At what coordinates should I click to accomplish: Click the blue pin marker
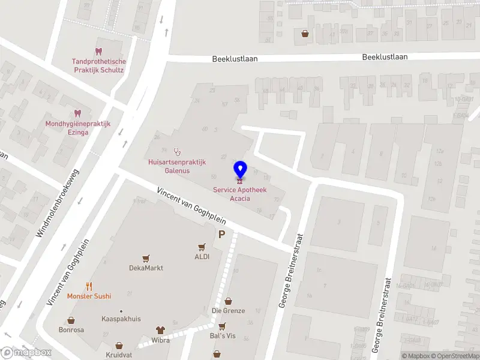240,170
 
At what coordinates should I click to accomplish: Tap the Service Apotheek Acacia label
240,194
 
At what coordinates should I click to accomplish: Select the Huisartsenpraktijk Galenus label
177,166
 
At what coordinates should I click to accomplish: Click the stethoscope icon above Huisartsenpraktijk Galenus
176,151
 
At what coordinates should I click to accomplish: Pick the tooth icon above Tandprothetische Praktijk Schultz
98,52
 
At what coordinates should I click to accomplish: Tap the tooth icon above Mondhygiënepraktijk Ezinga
77,113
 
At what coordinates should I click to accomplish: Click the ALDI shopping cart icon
202,246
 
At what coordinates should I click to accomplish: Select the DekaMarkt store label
146,268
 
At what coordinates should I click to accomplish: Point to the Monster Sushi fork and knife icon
89,286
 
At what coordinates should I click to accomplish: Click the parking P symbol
222,235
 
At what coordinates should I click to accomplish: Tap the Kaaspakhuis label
121,319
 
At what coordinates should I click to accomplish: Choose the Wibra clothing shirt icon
160,329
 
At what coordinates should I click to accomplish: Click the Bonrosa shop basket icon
71,320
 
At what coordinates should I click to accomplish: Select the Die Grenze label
228,311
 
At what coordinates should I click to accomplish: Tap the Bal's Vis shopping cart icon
222,326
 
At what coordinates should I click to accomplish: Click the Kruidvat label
119,355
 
